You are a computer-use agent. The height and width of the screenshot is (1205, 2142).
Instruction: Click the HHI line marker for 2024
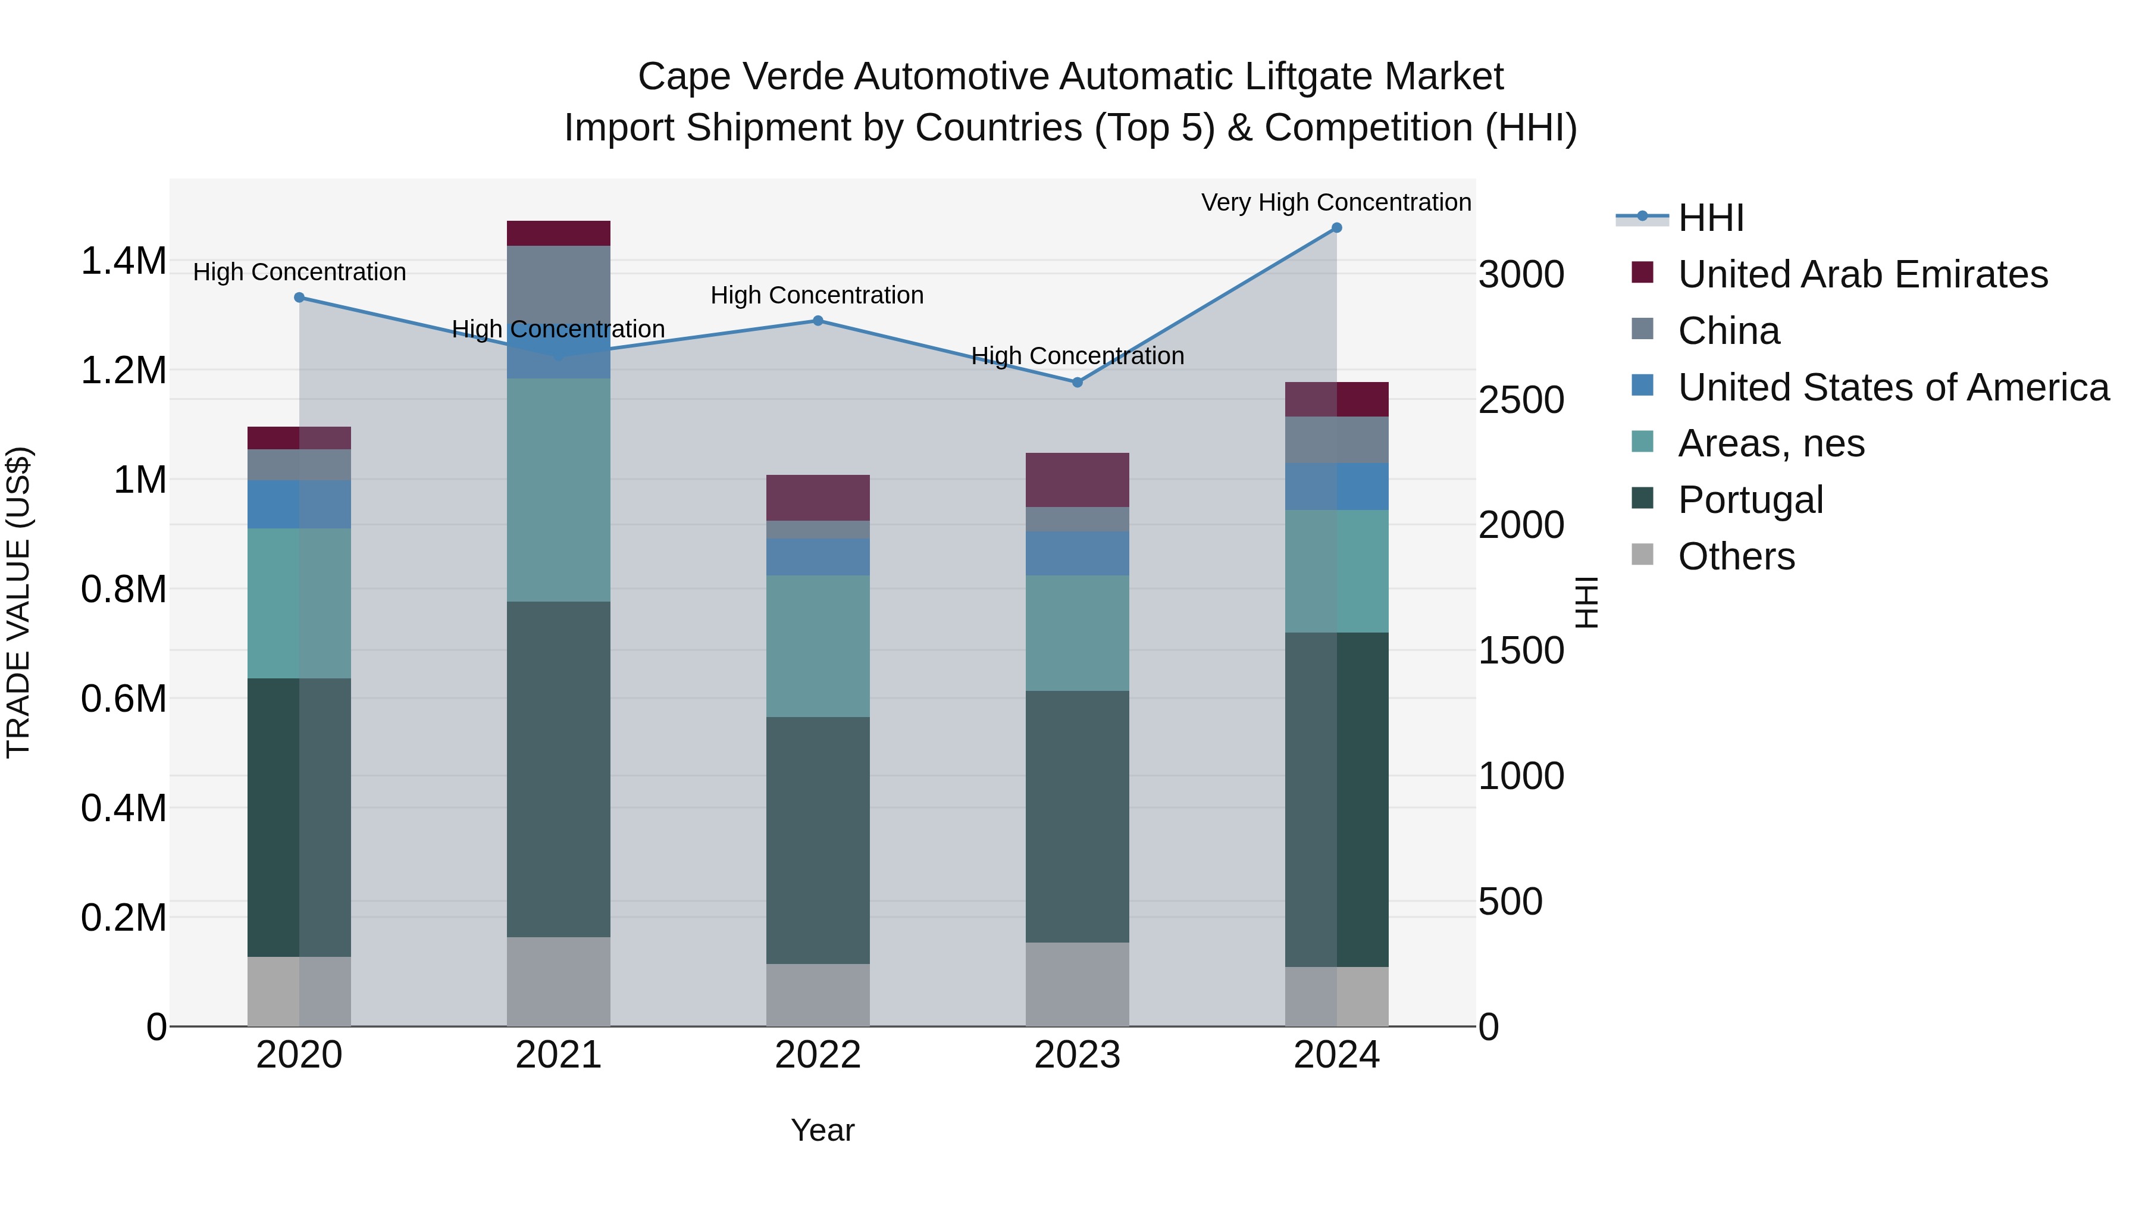coord(1336,228)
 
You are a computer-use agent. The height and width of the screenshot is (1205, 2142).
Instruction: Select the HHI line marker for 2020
coord(299,298)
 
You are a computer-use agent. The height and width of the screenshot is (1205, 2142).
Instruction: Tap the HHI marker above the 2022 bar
coord(818,321)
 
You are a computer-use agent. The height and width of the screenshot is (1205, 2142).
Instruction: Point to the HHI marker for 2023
coord(1077,383)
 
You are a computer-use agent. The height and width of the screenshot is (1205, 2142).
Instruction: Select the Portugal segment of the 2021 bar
coord(558,769)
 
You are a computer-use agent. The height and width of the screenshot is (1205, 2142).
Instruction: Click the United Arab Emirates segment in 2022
coord(818,498)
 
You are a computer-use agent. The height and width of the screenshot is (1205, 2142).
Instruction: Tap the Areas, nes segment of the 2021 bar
coord(558,491)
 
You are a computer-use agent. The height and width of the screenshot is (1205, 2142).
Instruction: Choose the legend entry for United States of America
coord(1893,387)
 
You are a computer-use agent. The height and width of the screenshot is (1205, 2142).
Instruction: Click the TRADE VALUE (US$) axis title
coord(18,602)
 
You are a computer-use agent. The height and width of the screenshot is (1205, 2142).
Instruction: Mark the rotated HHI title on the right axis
coord(1586,602)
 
